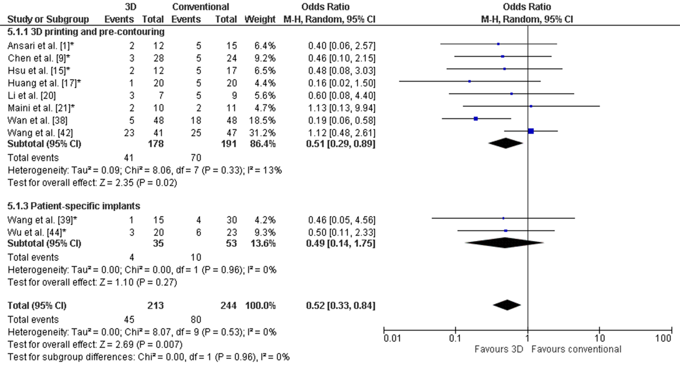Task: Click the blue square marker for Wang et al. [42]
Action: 531,131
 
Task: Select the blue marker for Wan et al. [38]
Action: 476,119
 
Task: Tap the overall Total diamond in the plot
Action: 507,305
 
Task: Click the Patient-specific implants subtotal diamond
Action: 504,243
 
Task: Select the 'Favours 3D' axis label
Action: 499,349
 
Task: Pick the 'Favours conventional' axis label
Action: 576,349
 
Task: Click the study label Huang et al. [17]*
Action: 44,83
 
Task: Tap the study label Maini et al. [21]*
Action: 41,108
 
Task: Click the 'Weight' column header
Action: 260,19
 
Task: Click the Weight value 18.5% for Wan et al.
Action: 262,120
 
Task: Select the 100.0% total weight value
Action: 260,306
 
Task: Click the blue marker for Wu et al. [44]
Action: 506,231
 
